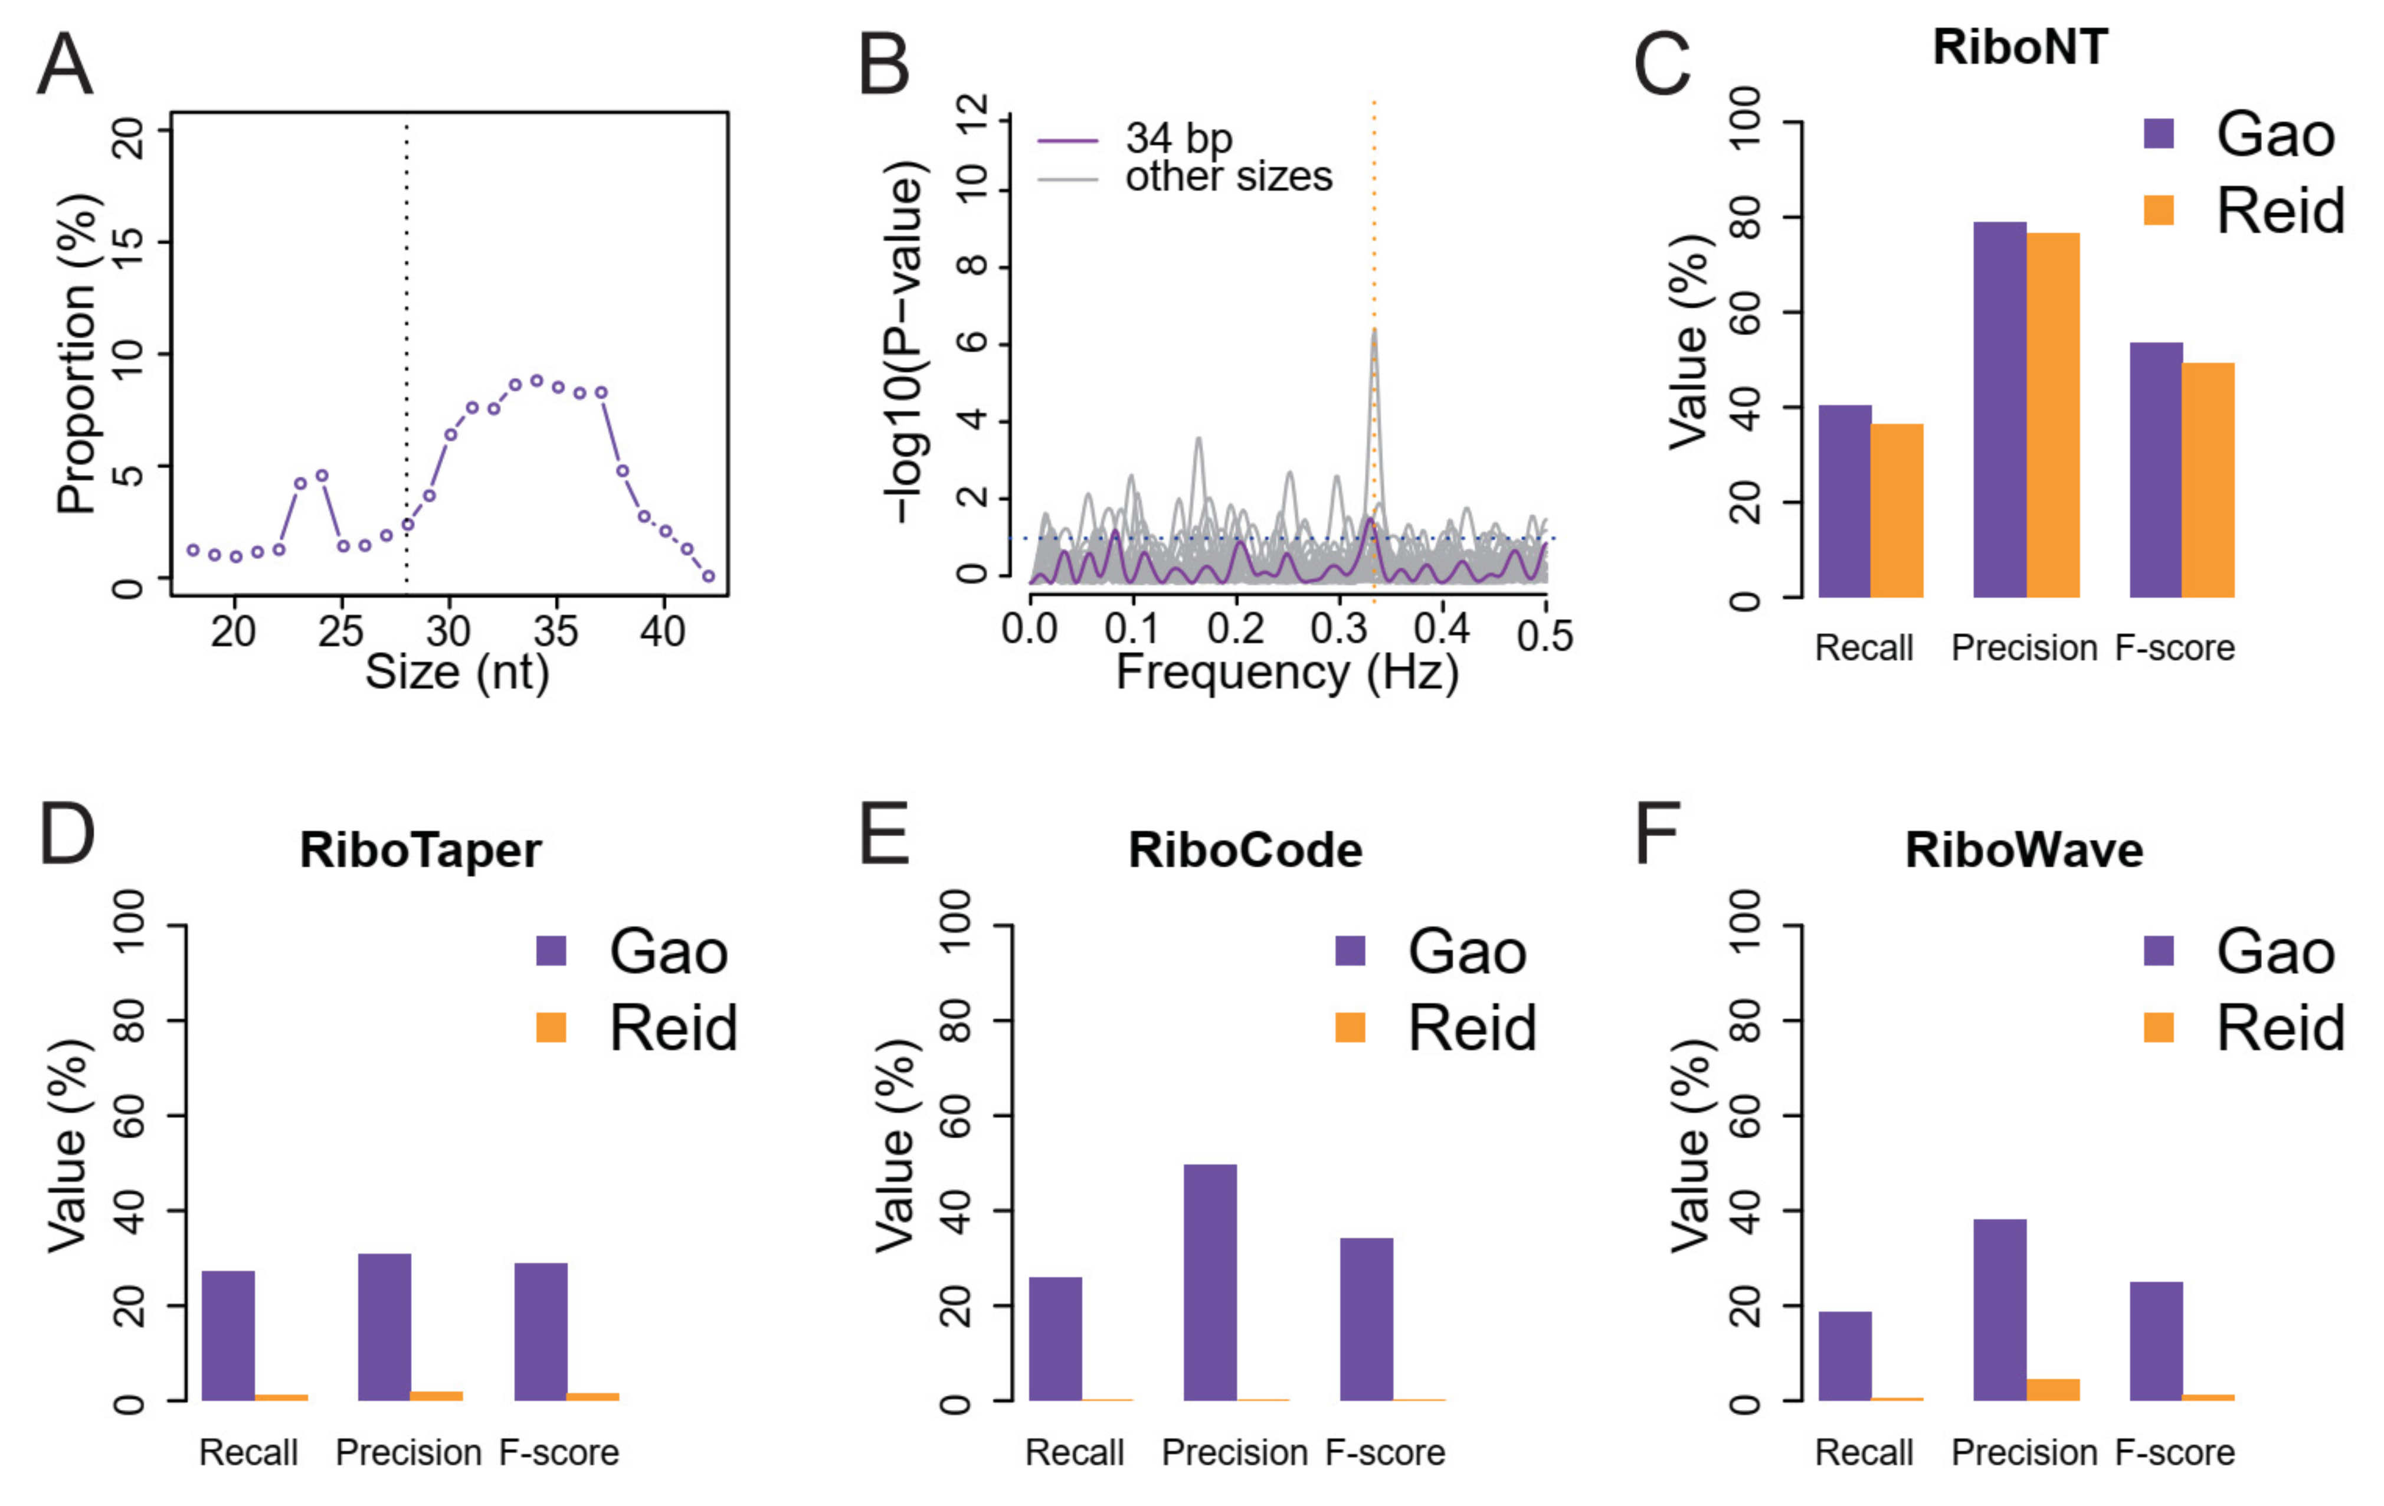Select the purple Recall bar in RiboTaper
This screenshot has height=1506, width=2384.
(x=228, y=1335)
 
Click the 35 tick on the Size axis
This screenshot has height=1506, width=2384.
(x=555, y=631)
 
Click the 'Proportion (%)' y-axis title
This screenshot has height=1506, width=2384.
(x=76, y=353)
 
